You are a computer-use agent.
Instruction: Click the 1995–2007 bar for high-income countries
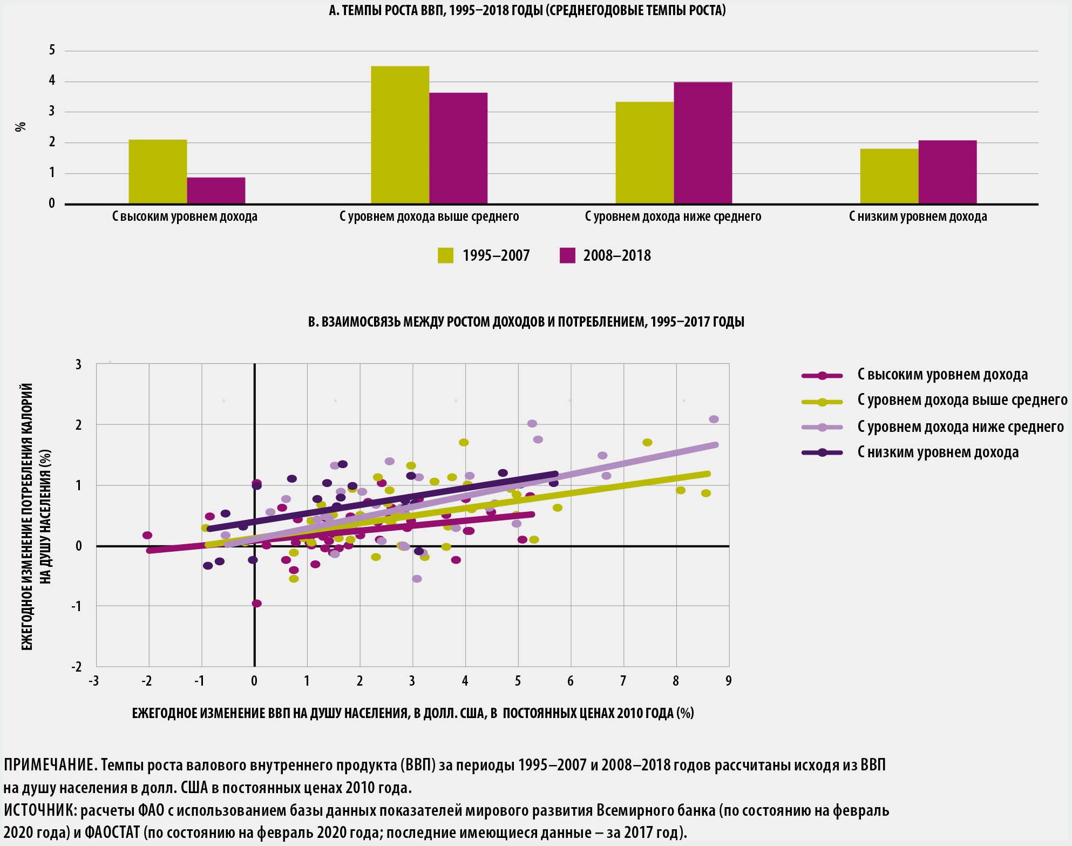(158, 172)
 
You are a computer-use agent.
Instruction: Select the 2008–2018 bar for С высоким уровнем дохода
(216, 191)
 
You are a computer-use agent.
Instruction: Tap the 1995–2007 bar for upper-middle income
(400, 135)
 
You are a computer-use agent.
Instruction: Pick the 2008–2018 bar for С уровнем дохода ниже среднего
(703, 143)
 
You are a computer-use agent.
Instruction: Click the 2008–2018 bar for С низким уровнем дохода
(947, 172)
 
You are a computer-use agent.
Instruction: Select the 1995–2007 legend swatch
(445, 255)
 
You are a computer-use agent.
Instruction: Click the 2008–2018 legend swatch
(567, 255)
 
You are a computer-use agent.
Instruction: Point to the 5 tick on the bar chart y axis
(52, 50)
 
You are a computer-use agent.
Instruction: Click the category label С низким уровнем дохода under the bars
(918, 216)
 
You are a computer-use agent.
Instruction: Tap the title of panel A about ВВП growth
(527, 10)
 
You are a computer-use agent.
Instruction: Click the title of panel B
(526, 322)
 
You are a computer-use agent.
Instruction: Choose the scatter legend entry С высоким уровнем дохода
(942, 375)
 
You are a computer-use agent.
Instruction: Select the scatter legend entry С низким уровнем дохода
(938, 452)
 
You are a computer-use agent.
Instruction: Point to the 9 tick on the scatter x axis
(728, 681)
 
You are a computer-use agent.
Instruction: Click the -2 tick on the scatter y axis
(77, 667)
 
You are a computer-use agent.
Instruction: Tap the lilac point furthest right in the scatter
(714, 419)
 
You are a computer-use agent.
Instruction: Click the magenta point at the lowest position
(257, 603)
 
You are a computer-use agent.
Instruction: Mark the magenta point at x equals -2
(147, 535)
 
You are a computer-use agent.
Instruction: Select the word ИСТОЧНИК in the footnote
(38, 810)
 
